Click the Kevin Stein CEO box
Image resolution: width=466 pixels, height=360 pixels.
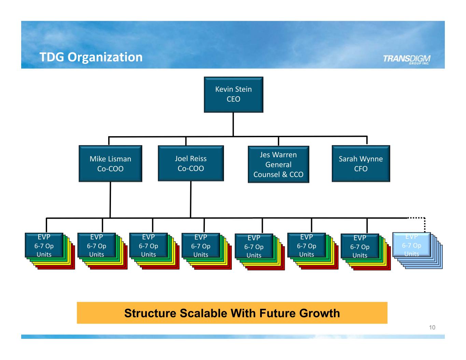pos(234,94)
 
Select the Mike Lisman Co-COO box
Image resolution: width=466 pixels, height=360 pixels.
pos(110,163)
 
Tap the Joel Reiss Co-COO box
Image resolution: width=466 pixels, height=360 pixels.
pos(191,163)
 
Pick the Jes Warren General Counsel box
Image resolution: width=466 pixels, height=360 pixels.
pos(278,164)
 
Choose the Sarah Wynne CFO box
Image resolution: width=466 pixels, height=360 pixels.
pos(361,163)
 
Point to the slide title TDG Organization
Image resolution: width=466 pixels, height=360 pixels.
pos(91,57)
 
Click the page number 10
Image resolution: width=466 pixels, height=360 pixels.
pos(432,328)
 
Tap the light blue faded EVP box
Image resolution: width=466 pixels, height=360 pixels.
pos(411,245)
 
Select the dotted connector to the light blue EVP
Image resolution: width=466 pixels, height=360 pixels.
pos(424,224)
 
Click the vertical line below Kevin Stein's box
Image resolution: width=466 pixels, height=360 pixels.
pos(234,124)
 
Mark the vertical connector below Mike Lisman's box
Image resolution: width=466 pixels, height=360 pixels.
pos(110,199)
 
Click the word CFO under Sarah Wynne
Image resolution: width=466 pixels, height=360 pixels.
pos(361,169)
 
